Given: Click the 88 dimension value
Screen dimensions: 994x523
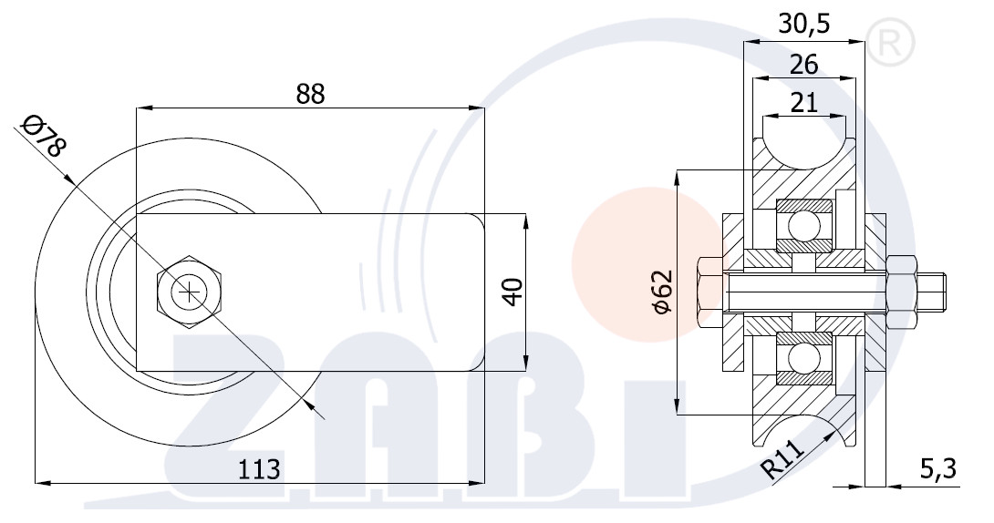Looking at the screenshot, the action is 310,94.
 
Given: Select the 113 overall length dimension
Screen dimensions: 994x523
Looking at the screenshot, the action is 259,469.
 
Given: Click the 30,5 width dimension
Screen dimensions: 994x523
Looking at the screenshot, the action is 803,24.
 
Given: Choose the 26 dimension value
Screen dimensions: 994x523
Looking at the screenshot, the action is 803,64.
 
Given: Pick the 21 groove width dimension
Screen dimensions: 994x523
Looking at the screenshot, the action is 803,102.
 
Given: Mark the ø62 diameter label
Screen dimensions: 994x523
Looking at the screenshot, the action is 661,292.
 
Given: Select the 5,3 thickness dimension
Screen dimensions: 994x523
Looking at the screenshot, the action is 937,469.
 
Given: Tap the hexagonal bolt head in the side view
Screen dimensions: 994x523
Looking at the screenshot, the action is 190,292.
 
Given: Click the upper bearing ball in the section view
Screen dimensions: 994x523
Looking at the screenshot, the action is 803,225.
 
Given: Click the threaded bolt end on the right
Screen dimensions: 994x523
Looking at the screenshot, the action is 931,292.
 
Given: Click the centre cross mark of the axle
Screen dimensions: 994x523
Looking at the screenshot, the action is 190,292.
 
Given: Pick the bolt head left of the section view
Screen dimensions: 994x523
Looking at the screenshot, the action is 710,292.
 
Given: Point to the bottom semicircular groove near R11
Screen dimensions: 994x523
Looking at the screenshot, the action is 803,432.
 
